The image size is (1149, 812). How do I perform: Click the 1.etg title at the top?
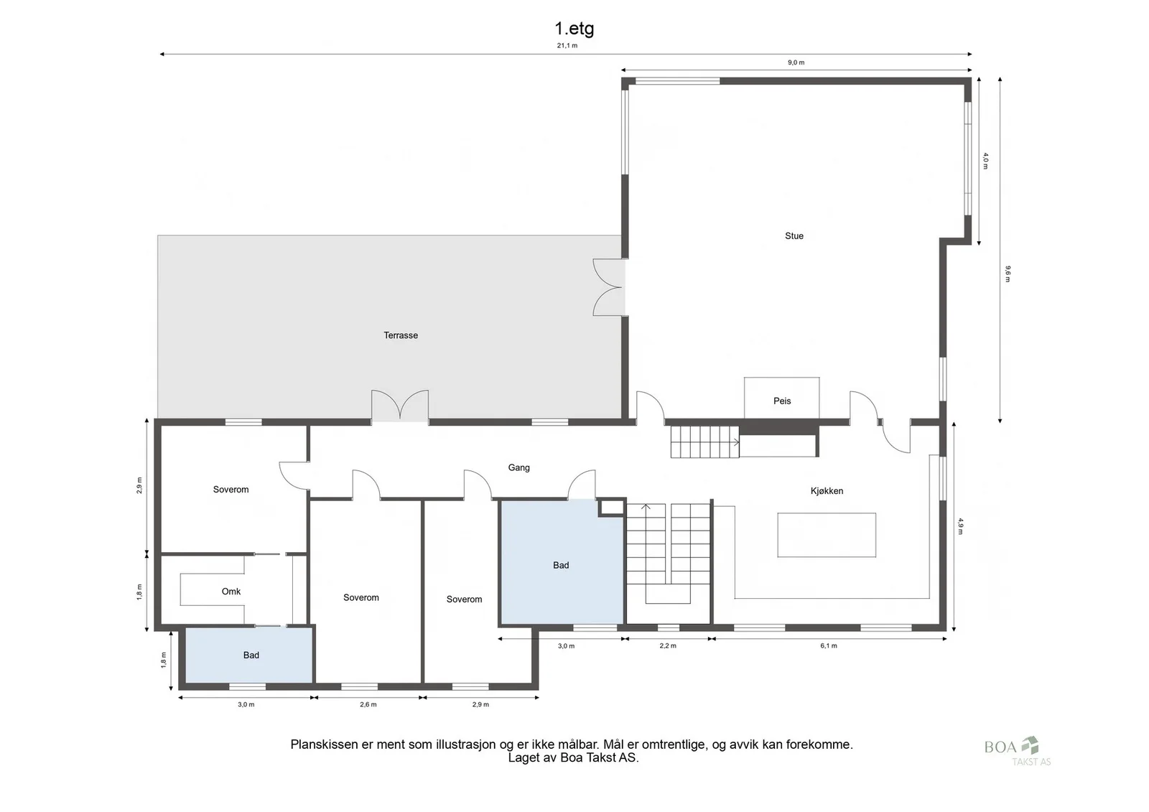tap(574, 28)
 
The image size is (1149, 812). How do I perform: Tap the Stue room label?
tap(794, 236)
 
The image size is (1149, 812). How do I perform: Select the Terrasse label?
tap(401, 335)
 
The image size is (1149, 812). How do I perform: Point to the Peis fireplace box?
tap(782, 398)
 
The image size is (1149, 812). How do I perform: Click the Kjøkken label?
tap(827, 491)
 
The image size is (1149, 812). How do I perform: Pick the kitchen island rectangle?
tap(827, 535)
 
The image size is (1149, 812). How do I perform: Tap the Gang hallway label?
tap(518, 468)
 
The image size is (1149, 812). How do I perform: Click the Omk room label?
tap(231, 592)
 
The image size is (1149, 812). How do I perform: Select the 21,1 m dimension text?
tap(567, 46)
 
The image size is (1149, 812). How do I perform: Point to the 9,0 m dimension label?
tap(796, 62)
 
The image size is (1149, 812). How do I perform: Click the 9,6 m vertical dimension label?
tap(1008, 274)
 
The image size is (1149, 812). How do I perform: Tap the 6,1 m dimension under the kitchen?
tap(829, 646)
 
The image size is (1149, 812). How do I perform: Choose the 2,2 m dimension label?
tap(668, 646)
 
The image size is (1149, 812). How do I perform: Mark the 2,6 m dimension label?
tap(368, 704)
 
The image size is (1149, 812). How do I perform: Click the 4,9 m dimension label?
tap(960, 526)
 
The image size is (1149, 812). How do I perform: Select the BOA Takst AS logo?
tap(1017, 751)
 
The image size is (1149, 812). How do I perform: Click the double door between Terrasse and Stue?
tap(610, 287)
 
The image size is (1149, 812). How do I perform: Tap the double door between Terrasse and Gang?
tap(400, 406)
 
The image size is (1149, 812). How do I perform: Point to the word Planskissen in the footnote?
tap(324, 745)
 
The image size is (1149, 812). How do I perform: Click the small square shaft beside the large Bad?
tap(611, 508)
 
